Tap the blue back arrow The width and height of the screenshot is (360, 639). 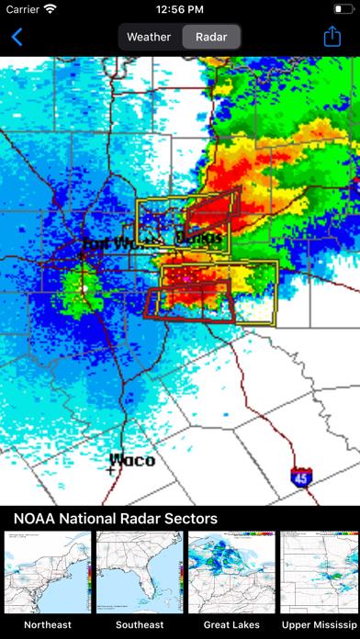pos(17,38)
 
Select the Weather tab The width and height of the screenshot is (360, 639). pos(149,38)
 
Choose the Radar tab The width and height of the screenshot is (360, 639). pos(210,38)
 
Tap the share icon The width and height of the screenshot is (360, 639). pos(332,37)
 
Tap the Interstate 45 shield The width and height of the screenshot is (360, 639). pos(299,477)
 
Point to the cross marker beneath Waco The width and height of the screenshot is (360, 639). pos(111,469)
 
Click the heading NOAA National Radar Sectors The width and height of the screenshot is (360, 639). pos(116,519)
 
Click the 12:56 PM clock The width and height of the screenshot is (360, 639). pos(180,9)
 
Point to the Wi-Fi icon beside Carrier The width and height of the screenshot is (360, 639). pos(50,9)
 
